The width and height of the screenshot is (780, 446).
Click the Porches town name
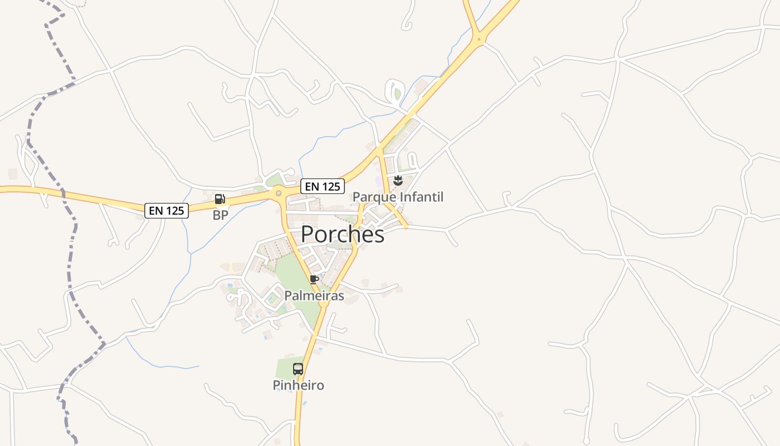[x=342, y=235]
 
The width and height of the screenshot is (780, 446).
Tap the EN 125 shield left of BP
[x=167, y=211]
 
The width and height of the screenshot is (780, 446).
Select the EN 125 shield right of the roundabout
[x=322, y=186]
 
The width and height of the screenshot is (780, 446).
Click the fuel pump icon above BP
[x=220, y=199]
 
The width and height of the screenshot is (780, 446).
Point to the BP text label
[x=221, y=215]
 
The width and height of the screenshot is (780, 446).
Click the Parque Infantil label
[x=398, y=197]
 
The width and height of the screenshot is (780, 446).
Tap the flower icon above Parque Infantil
[x=398, y=180]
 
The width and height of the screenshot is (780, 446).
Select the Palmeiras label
[x=314, y=295]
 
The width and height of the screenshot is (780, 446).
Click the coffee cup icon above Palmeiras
[x=314, y=279]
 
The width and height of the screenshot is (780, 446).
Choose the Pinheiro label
[x=298, y=385]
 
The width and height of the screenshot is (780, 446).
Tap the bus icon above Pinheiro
[x=298, y=369]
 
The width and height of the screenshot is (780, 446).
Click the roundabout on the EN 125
[x=278, y=193]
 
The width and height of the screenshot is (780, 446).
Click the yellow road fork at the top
[x=478, y=38]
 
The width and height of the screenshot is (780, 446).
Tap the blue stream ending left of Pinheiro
[x=167, y=366]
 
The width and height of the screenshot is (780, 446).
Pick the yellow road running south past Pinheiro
[x=299, y=413]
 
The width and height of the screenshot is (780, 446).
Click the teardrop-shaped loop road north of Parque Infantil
[x=394, y=91]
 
